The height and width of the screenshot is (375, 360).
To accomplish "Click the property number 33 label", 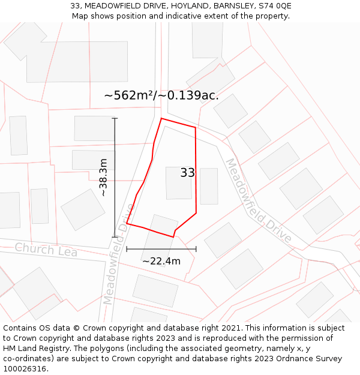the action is click(188, 173).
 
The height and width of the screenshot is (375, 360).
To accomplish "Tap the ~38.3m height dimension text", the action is click(103, 178).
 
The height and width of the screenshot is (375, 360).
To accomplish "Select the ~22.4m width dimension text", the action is click(161, 261).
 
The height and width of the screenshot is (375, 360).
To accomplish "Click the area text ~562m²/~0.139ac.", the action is click(161, 95).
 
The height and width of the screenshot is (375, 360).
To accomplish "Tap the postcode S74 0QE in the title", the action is click(275, 6).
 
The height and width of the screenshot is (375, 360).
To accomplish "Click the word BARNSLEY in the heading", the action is click(231, 6).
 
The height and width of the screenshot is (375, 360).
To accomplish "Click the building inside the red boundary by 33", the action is click(178, 183).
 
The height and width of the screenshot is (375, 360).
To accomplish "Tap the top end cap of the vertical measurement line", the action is click(115, 118).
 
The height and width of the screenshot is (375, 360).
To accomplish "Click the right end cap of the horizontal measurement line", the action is click(196, 248).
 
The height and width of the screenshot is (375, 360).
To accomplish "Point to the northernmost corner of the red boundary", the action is click(161, 118).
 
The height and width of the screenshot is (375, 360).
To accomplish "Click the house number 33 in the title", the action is click(75, 6).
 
